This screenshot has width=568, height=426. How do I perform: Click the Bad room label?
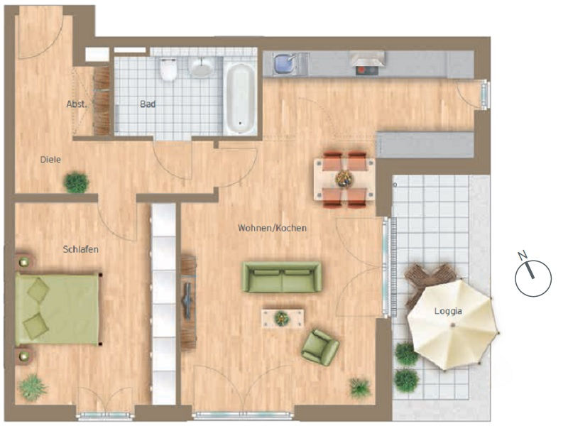(148, 104)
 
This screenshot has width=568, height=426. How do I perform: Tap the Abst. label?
(77, 104)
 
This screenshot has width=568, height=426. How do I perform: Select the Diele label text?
(50, 159)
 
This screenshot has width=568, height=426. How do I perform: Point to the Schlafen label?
(81, 249)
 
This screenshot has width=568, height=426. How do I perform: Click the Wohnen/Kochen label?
(273, 228)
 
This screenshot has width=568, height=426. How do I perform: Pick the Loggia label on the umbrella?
(448, 311)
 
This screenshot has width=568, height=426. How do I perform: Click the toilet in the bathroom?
(168, 69)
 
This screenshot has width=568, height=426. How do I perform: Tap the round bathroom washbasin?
(201, 67)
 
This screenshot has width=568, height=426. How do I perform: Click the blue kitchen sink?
(285, 63)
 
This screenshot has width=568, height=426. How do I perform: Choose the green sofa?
(282, 277)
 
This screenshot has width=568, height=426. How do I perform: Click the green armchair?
(320, 347)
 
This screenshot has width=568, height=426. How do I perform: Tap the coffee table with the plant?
(283, 318)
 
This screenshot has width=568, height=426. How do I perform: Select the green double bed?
(58, 309)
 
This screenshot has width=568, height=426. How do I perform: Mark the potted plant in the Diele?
(77, 182)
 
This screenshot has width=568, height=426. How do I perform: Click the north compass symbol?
(533, 278)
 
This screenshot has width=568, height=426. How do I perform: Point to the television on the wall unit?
(188, 300)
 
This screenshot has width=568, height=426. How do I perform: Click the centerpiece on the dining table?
(344, 179)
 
